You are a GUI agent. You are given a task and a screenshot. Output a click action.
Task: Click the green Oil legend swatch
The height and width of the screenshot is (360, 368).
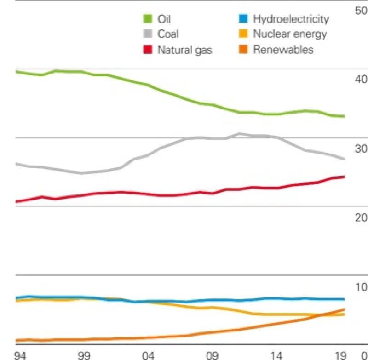click(x=148, y=19)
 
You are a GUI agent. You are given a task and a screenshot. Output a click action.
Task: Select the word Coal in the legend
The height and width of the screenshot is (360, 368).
click(x=168, y=34)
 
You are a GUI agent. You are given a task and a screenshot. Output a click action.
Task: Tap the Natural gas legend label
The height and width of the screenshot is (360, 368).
click(x=184, y=50)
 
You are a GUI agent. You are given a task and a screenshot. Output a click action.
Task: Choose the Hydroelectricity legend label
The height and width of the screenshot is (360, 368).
click(x=291, y=19)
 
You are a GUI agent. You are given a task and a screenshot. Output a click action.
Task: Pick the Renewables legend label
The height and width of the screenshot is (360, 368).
click(x=283, y=50)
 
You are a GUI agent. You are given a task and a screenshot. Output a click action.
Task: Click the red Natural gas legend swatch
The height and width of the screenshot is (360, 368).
click(x=148, y=50)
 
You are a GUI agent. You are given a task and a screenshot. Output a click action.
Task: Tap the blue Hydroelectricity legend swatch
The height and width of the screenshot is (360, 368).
click(x=244, y=19)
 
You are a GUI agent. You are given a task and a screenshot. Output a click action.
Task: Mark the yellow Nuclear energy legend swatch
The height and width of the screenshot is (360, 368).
click(x=244, y=34)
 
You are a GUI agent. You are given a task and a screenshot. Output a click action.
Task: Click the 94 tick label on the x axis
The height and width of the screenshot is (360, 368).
click(x=19, y=355)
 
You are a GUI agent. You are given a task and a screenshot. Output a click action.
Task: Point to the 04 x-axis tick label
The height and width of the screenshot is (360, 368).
click(x=148, y=355)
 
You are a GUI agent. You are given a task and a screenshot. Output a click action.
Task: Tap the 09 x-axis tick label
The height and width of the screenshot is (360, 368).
click(x=212, y=355)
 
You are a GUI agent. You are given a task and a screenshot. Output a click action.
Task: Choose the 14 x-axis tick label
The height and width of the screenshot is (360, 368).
click(x=276, y=355)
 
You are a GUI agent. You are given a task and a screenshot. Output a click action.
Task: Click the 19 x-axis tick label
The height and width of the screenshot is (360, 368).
click(x=340, y=355)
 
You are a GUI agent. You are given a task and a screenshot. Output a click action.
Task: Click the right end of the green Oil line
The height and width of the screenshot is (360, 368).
click(x=345, y=116)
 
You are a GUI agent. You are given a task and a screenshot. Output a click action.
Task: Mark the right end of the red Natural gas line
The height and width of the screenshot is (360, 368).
click(x=345, y=177)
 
